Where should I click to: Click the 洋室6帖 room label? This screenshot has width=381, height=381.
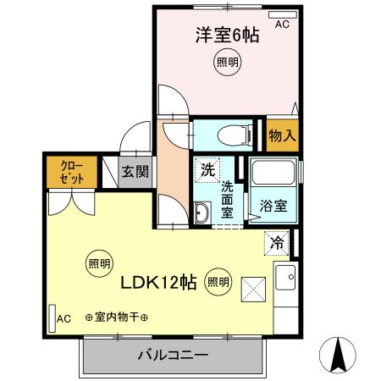[226, 36]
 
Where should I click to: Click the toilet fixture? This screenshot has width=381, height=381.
[232, 134]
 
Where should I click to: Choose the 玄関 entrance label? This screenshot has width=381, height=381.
[135, 172]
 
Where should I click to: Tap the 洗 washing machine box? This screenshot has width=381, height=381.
[207, 168]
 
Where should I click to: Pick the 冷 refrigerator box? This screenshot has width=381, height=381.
[276, 241]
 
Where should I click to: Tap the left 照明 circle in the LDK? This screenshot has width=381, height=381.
[99, 263]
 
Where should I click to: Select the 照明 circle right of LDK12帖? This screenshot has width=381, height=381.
[218, 282]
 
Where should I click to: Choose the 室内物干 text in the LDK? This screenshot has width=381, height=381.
[117, 317]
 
